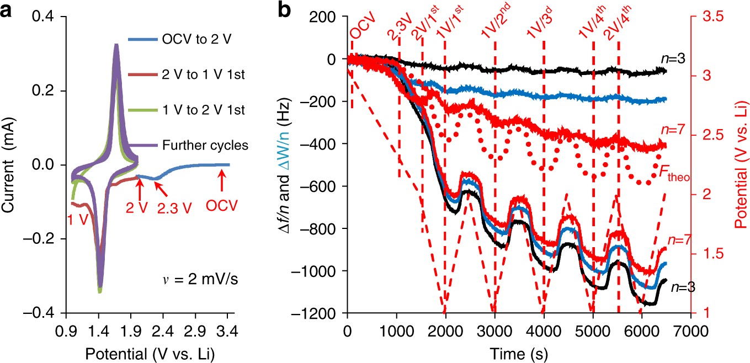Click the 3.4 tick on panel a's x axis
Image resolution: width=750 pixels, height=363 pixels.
(x=227, y=331)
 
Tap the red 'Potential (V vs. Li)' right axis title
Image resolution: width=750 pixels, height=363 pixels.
(x=739, y=166)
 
